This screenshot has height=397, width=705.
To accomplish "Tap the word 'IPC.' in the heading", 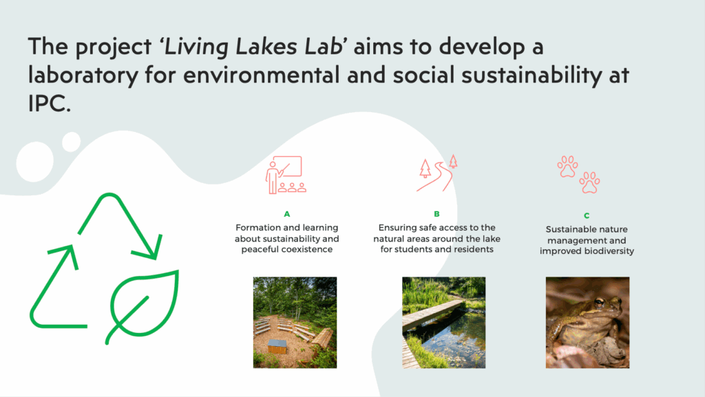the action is (50, 104).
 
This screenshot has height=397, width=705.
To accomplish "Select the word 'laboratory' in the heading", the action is (83, 76).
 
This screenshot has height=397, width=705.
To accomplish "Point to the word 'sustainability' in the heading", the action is (532, 76).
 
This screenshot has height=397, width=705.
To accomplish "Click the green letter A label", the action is (287, 214).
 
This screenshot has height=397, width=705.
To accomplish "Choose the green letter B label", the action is (436, 214).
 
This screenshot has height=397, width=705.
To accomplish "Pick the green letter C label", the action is (587, 216).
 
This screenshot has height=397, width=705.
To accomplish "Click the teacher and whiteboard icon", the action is (286, 175).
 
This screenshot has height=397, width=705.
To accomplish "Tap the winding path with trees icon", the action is (436, 173).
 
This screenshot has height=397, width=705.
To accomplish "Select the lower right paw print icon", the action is (589, 183).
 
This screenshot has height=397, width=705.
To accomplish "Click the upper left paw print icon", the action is (567, 167).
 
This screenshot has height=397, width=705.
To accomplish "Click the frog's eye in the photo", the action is (600, 302).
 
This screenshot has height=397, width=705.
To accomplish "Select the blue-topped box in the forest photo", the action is (277, 346).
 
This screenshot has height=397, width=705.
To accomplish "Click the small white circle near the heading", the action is (71, 142).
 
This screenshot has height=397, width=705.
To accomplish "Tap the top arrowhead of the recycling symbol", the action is (151, 249).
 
